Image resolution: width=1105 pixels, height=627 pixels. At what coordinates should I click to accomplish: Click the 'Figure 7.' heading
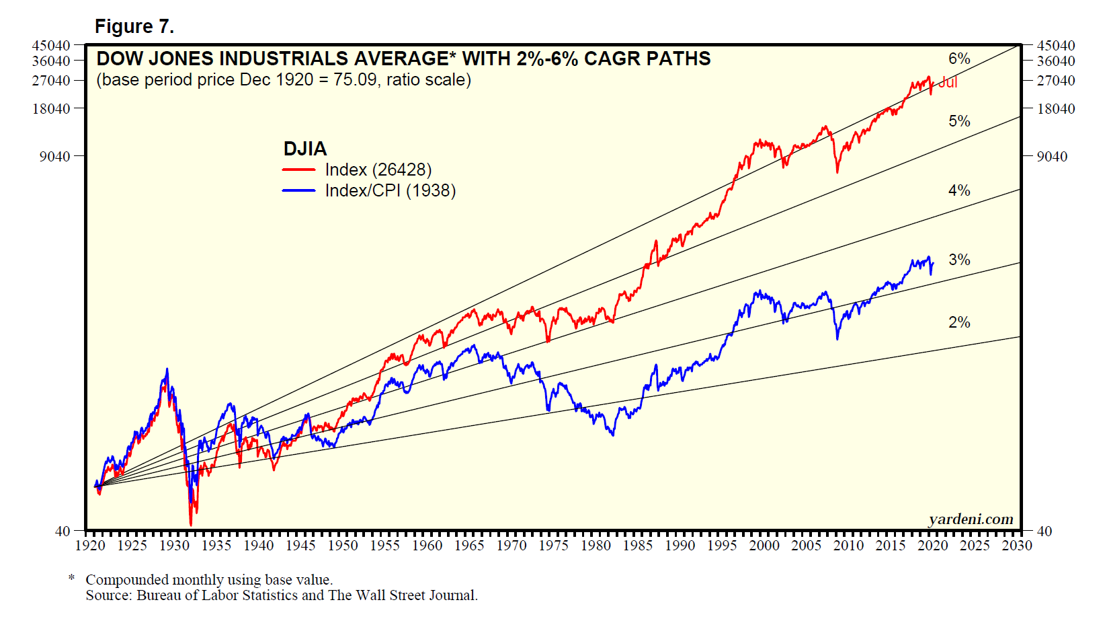[134, 26]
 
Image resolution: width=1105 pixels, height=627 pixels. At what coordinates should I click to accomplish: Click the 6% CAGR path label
[959, 59]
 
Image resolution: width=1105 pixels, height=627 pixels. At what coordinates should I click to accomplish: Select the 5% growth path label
[959, 121]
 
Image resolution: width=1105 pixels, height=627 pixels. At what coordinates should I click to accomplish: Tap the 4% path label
[959, 190]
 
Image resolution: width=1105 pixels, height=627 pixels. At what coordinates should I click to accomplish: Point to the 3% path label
[959, 260]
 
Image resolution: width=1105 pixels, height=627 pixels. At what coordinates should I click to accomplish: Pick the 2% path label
[959, 322]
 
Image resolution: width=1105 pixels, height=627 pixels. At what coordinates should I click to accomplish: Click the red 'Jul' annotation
[948, 82]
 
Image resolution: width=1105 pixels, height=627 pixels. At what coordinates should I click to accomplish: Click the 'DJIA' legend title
[305, 149]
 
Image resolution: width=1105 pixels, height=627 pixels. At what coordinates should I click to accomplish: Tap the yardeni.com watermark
[971, 519]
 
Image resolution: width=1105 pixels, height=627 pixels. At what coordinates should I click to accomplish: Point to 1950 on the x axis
[343, 546]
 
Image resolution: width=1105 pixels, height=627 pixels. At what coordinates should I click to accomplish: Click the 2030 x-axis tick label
[1016, 546]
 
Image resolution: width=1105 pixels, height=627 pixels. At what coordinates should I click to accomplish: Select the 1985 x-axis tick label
[637, 546]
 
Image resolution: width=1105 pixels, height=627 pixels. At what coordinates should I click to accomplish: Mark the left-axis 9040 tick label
[54, 157]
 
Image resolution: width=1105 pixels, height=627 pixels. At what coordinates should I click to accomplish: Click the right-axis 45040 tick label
[1056, 46]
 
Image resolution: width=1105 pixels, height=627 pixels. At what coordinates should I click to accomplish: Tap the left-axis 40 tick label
[63, 531]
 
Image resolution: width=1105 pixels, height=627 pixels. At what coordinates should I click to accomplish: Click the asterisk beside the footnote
[72, 579]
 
